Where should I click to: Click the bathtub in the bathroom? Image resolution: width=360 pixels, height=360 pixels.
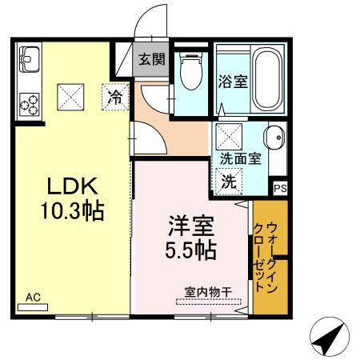tap(265, 79)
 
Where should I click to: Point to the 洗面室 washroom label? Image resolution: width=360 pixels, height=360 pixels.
tap(240, 158)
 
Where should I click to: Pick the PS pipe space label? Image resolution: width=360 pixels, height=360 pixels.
tap(279, 188)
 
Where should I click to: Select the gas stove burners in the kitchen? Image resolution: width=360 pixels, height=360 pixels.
tap(30, 102)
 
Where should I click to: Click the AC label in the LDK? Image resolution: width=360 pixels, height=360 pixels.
tap(33, 297)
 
